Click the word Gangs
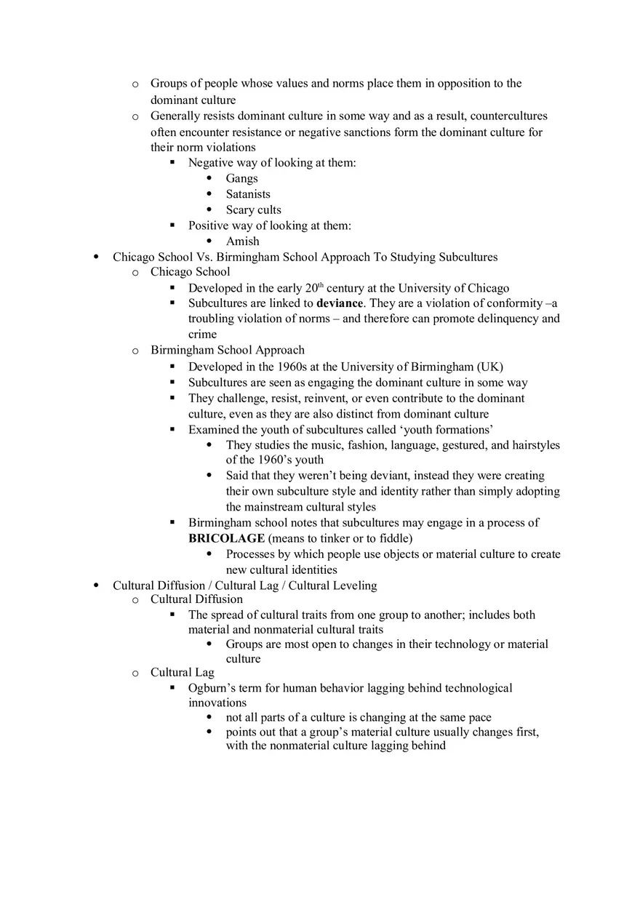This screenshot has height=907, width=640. click(241, 178)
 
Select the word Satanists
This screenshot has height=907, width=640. click(248, 194)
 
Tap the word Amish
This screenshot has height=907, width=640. click(242, 241)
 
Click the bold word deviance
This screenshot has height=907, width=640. click(339, 303)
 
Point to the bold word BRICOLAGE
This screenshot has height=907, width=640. click(226, 538)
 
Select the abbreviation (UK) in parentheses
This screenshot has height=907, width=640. click(489, 367)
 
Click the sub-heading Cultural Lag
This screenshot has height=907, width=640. click(183, 672)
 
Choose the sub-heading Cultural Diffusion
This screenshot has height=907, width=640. click(196, 599)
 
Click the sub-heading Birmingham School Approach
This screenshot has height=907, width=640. click(228, 350)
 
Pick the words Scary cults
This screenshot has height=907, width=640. click(253, 209)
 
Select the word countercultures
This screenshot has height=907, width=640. click(506, 116)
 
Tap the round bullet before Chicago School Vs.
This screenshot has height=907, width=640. click(97, 257)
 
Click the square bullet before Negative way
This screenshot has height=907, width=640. click(172, 162)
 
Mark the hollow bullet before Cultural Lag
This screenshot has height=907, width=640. click(135, 673)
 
